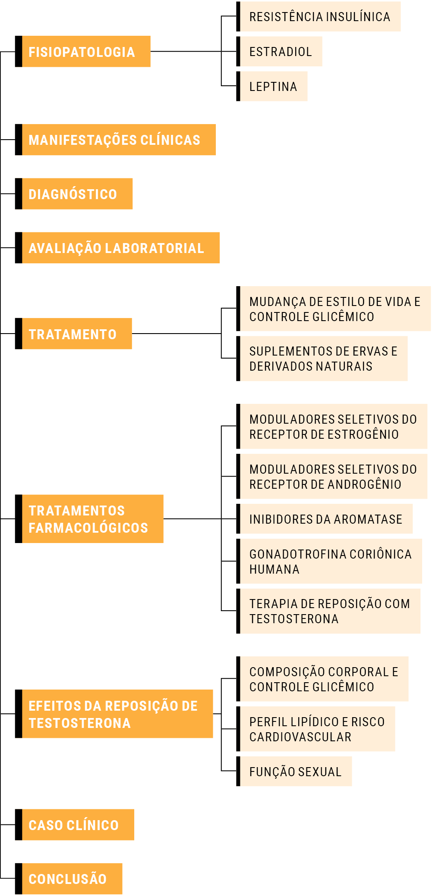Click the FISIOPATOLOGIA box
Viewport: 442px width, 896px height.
[83, 51]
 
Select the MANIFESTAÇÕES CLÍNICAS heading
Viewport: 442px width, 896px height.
[115, 140]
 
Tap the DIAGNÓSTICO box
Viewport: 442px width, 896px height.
[74, 194]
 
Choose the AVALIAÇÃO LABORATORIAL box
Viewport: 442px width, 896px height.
[117, 248]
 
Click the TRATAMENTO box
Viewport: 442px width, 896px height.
[73, 334]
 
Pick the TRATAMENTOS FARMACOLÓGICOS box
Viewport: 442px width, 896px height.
[89, 519]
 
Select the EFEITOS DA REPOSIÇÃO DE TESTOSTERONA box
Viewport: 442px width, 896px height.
[114, 714]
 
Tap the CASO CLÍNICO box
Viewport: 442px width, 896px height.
[75, 825]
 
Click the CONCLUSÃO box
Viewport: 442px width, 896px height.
[69, 879]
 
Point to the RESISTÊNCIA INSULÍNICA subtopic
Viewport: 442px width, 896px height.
[319, 16]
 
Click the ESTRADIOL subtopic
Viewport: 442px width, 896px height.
[279, 51]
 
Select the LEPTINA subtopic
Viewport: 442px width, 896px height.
[272, 86]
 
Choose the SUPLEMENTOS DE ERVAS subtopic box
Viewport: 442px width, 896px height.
[322, 359]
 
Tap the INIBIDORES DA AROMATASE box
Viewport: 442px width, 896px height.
[325, 519]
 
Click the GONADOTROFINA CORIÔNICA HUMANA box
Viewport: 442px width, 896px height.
[329, 561]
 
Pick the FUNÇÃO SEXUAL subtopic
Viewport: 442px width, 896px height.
[294, 771]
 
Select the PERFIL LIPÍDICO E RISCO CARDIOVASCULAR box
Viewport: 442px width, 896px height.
[316, 729]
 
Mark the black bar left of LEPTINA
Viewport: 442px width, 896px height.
[238, 86]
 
